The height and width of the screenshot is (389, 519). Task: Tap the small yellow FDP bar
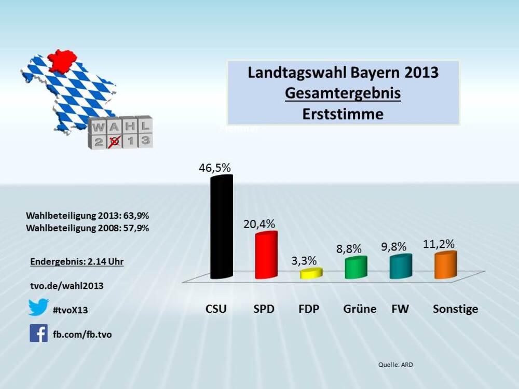[311, 273]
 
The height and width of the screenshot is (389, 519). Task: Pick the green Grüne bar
[356, 267]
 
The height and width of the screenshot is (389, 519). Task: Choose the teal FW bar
[401, 266]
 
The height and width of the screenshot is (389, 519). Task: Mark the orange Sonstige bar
[445, 265]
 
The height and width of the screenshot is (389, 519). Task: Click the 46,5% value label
[214, 168]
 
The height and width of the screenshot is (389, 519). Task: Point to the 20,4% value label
[259, 224]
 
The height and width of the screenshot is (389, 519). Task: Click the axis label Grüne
[360, 309]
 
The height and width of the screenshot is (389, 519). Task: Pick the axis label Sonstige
[455, 309]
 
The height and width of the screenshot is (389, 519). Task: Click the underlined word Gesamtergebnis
[343, 93]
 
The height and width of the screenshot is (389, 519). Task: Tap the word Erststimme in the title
[343, 114]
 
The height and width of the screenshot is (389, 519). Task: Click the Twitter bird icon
[38, 307]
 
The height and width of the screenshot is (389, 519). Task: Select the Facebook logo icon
[38, 333]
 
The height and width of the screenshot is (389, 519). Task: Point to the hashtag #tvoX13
[71, 310]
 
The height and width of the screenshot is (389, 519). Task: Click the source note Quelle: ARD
[395, 365]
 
